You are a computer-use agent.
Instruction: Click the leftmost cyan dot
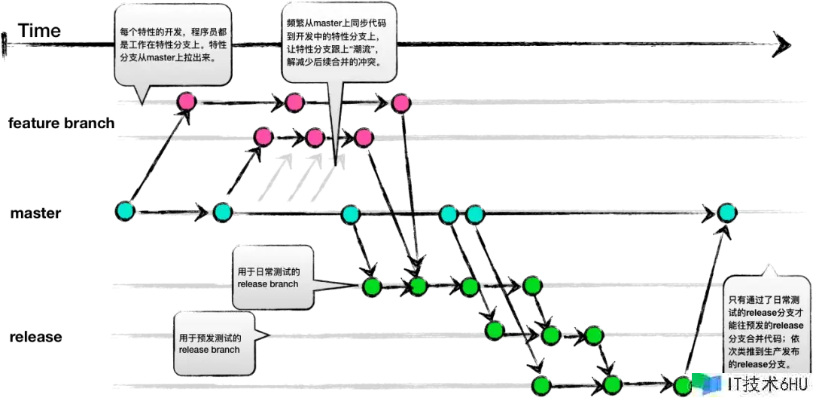tap(126, 210)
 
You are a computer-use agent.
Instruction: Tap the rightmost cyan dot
tap(726, 212)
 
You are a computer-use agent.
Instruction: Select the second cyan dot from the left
tap(222, 212)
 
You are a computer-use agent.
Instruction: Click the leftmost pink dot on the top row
tap(186, 101)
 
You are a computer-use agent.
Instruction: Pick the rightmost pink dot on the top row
tap(401, 103)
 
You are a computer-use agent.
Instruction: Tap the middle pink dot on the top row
tap(294, 102)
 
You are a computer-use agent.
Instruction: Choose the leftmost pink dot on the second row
tap(263, 136)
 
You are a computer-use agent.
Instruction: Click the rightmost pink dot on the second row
tap(364, 136)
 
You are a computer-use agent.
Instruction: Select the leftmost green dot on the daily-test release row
tap(372, 286)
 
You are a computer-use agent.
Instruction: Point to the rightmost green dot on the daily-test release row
tap(533, 286)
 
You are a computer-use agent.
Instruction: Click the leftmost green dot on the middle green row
tap(495, 330)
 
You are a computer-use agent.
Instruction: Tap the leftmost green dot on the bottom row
tap(541, 384)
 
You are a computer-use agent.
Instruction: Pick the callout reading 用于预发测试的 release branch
tap(212, 342)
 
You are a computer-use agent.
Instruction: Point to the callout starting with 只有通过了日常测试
tap(767, 323)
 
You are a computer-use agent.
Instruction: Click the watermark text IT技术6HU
tap(760, 384)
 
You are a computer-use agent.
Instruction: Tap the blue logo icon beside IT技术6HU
tap(708, 382)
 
